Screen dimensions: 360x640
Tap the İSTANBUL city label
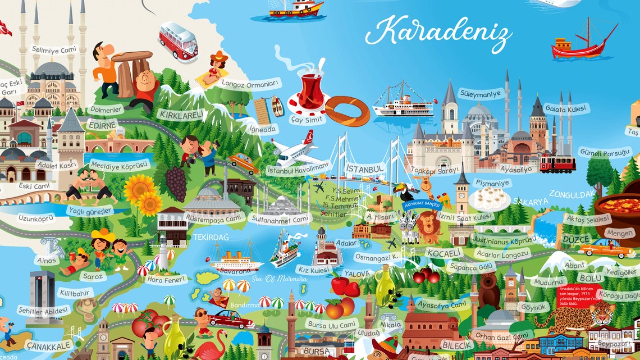pyautogui.click(x=365, y=168)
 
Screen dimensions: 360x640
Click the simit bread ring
pyautogui.click(x=348, y=111)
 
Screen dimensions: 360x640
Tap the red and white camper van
pyautogui.click(x=178, y=40)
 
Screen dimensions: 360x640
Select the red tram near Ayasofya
pyautogui.click(x=557, y=163)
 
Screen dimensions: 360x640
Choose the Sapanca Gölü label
pyautogui.click(x=470, y=267)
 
